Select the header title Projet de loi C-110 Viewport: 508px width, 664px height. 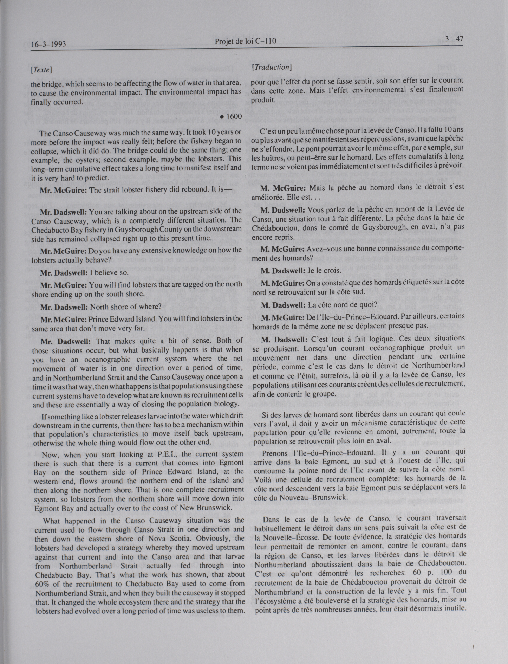click(245, 41)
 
